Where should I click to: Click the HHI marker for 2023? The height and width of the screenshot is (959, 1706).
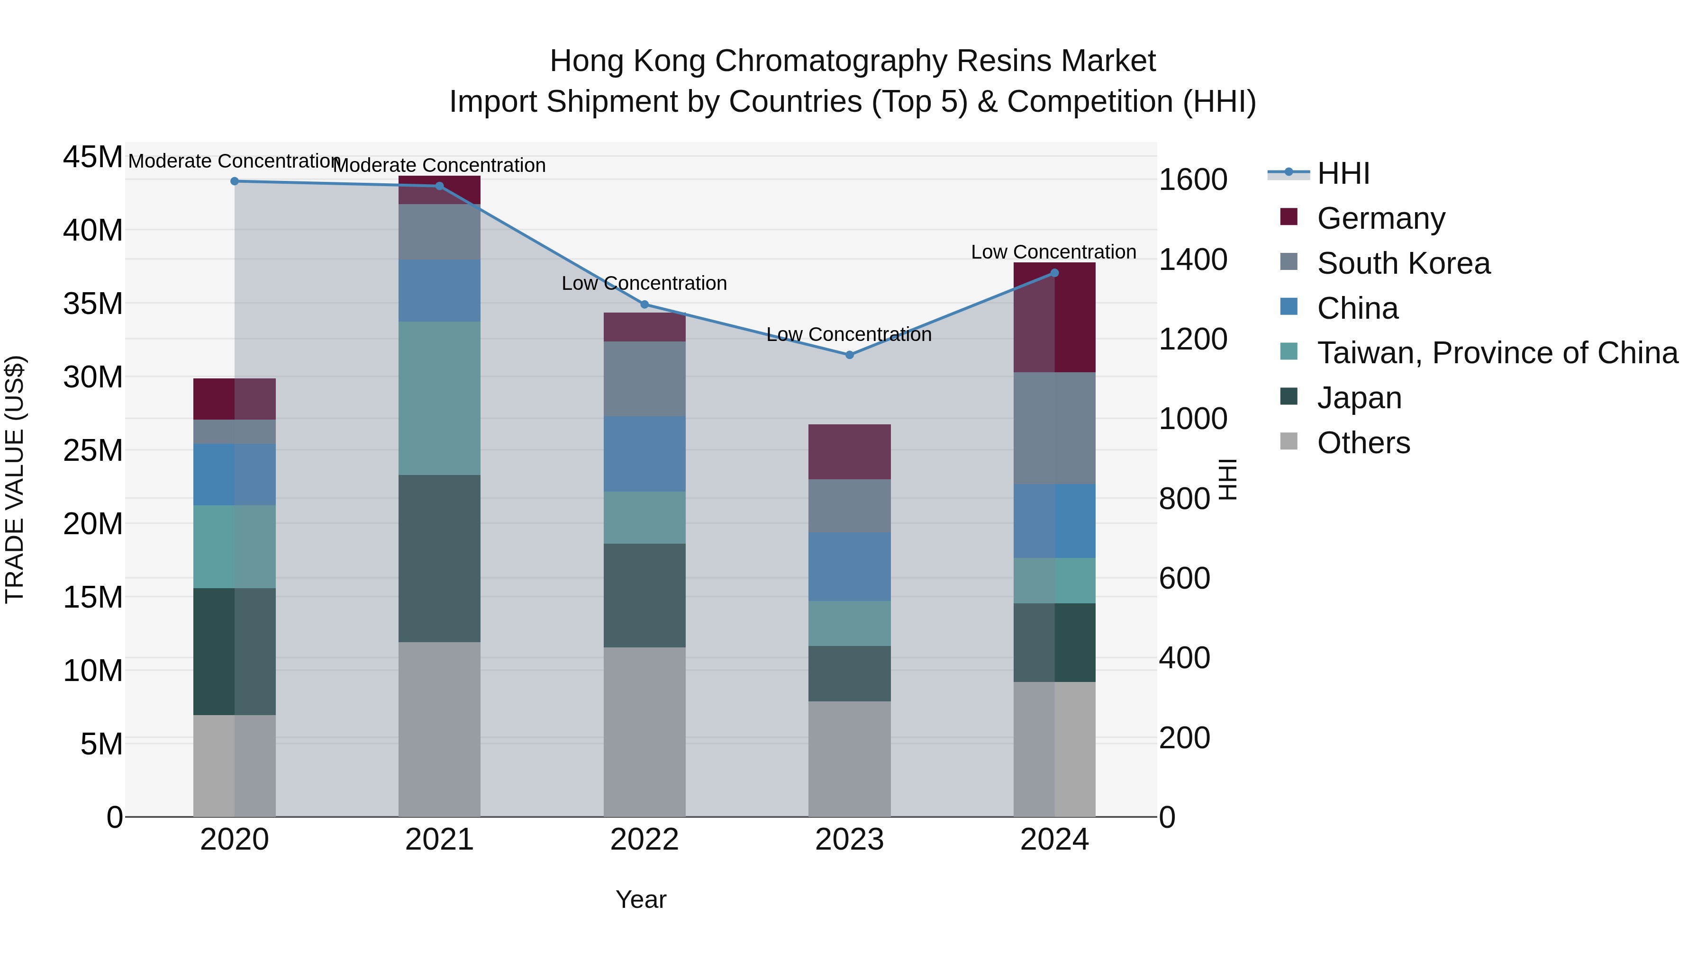[x=850, y=355]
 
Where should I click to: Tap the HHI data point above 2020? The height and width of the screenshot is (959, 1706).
[x=235, y=181]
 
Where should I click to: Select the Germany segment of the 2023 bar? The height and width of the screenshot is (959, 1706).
[x=850, y=452]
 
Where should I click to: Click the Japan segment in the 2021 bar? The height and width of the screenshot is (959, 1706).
[x=439, y=559]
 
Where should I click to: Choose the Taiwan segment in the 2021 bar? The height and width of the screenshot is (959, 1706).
[x=439, y=398]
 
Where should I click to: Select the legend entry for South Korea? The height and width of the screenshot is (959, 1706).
[x=1403, y=263]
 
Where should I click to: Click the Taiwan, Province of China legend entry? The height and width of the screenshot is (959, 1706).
[x=1497, y=353]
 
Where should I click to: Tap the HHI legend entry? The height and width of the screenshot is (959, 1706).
[x=1343, y=173]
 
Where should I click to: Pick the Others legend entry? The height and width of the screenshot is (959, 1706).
[x=1363, y=443]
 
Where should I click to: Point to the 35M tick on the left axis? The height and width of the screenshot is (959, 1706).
[x=93, y=304]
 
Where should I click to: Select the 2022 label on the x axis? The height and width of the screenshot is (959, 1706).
[x=644, y=840]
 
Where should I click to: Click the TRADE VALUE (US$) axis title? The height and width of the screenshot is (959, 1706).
[x=15, y=479]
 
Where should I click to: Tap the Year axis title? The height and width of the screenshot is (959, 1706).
[x=640, y=899]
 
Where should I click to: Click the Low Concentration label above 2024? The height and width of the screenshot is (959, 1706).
[x=1053, y=252]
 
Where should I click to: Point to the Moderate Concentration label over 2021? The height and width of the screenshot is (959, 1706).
[x=439, y=165]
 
